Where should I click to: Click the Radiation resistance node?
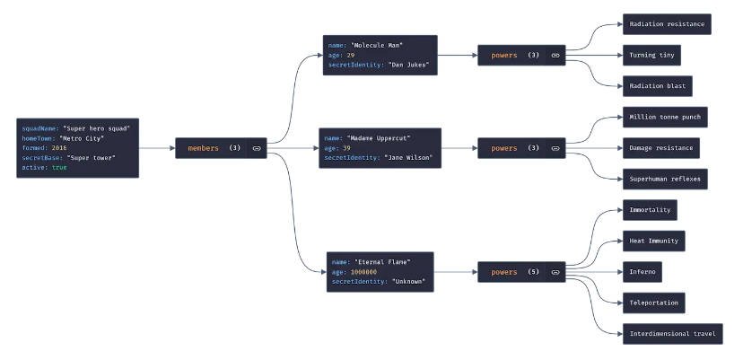[x=667, y=24]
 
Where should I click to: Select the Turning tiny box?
[x=651, y=55]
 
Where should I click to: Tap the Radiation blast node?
[x=657, y=86]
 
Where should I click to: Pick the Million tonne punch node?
[x=665, y=118]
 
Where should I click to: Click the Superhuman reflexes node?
[x=665, y=179]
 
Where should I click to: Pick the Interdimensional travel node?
[x=672, y=334]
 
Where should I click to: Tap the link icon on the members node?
[x=256, y=148]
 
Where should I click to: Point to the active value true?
[x=59, y=167]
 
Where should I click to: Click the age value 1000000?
[x=363, y=272]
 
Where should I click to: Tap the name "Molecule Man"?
[x=377, y=45]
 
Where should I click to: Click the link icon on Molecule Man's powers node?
[x=555, y=56]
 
